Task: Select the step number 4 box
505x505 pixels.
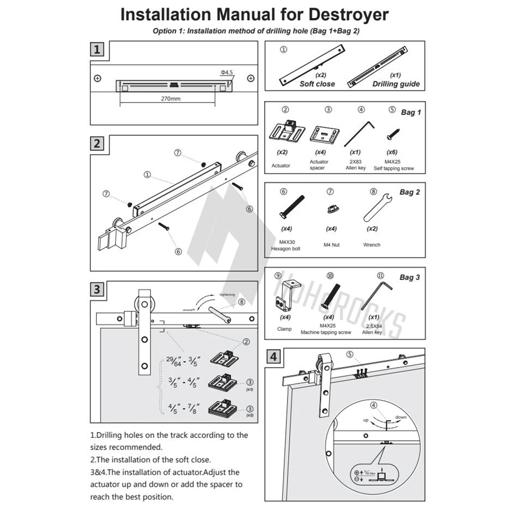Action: (273, 357)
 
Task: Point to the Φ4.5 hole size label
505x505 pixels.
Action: (226, 73)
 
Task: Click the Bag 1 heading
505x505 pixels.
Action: (410, 112)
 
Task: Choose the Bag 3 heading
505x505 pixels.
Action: (410, 277)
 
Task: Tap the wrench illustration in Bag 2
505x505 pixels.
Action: (375, 210)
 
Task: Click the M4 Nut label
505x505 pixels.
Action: (331, 245)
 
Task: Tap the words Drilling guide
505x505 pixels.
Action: (396, 84)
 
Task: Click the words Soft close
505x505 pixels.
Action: (317, 84)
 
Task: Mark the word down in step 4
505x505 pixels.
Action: (401, 417)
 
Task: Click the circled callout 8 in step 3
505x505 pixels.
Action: (242, 302)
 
